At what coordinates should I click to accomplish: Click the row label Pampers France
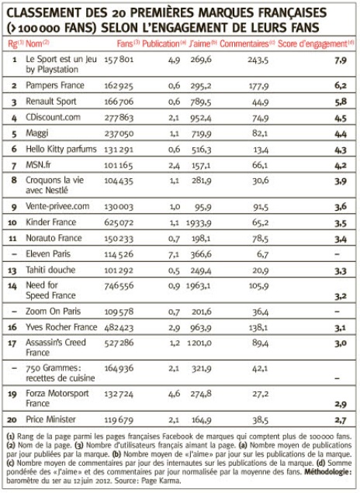55,85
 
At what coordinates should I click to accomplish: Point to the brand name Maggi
36,133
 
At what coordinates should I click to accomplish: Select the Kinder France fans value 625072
119,222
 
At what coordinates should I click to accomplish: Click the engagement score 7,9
341,60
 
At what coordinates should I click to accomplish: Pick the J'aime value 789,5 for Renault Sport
201,102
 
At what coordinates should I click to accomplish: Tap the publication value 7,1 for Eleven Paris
174,254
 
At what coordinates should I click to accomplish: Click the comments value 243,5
258,60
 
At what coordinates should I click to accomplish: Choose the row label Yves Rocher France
61,327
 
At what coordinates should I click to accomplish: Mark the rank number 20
12,419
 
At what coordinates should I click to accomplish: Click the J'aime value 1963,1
199,286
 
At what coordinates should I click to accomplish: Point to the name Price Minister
50,419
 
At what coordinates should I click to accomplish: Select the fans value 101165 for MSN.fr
119,165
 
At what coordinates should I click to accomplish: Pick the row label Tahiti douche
50,270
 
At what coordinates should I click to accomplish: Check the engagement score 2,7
341,420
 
